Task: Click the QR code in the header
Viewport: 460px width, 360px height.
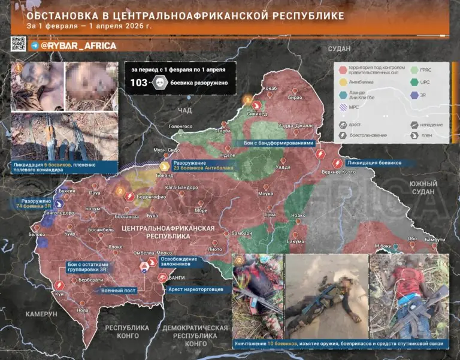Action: (x=19, y=44)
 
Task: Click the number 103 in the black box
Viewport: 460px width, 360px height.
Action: (x=139, y=83)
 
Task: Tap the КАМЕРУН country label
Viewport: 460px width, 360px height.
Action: (x=41, y=314)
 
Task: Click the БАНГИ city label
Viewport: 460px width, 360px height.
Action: (x=176, y=278)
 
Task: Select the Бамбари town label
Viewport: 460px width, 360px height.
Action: (x=241, y=232)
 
